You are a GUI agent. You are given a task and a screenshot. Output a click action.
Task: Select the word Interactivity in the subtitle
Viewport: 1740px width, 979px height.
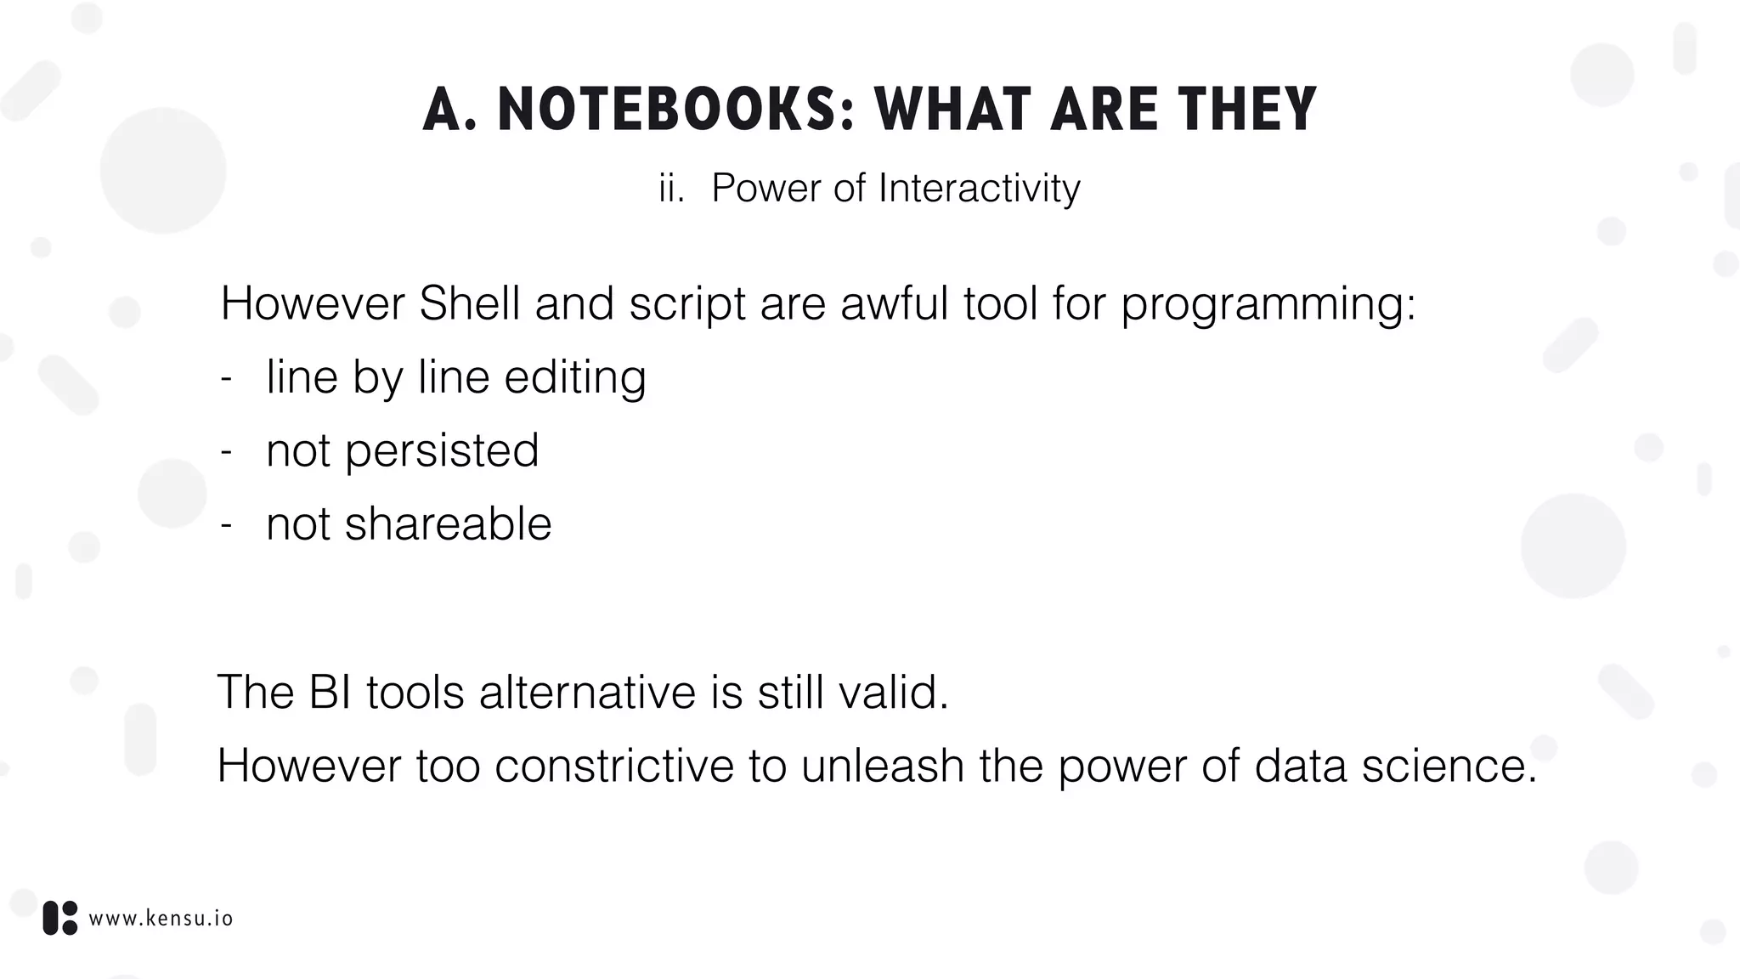979,188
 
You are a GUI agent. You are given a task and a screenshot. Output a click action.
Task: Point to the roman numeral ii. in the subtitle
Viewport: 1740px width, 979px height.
671,188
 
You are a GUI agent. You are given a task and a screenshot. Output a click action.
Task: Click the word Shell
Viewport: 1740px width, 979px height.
469,303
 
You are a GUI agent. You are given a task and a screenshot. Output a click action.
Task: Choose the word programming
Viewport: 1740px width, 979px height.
1267,305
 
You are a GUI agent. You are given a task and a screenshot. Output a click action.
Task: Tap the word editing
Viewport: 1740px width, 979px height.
575,377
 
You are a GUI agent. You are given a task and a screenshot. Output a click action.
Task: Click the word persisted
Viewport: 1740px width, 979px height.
441,450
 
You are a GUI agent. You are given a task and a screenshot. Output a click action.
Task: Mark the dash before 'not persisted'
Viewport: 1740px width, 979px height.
226,451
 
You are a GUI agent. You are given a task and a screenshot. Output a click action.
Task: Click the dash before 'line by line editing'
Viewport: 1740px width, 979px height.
226,378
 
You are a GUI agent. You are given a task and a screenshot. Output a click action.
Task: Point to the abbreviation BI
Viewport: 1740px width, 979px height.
330,692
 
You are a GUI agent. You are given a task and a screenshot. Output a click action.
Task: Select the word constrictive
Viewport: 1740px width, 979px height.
614,766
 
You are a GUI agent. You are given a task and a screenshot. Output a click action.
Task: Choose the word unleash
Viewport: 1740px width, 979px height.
882,766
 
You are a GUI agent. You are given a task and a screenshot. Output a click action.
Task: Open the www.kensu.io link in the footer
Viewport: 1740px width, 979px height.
161,919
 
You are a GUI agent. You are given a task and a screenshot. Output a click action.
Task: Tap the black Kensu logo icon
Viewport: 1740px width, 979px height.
60,918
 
